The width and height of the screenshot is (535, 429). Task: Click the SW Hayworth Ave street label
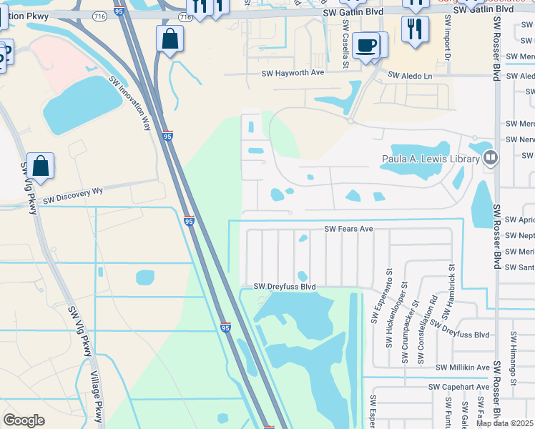pos(293,73)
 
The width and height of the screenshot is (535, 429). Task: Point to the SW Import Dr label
pos(448,36)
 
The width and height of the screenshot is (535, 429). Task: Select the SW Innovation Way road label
pos(130,102)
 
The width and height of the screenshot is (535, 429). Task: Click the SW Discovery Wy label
pos(73,192)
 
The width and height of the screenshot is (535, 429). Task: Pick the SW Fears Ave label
pos(349,229)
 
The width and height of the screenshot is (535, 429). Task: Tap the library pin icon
pos(490,157)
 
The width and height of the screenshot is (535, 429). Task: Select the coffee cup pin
pos(366,45)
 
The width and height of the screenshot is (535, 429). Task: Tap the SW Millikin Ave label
pos(463,367)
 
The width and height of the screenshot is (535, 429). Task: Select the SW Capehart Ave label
pos(458,387)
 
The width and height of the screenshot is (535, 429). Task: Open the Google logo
pos(24,420)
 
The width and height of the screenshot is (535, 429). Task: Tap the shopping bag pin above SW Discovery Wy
pos(41,166)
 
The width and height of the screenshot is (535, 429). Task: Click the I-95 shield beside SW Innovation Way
pos(167,135)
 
